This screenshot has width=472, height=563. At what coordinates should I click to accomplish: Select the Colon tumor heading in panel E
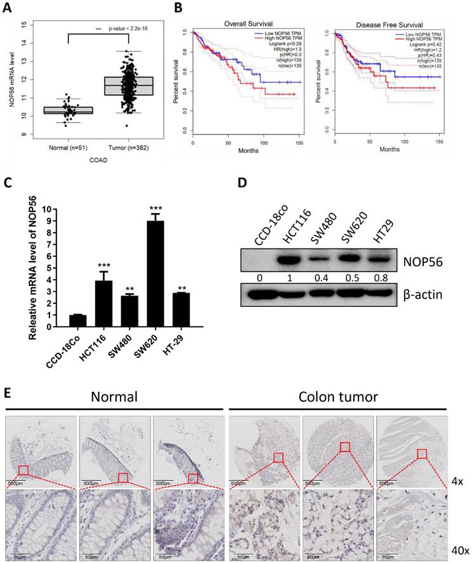tap(338, 398)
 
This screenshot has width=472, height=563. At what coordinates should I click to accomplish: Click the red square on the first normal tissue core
tap(24, 470)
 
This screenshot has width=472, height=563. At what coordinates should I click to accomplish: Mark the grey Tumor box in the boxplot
tap(128, 86)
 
